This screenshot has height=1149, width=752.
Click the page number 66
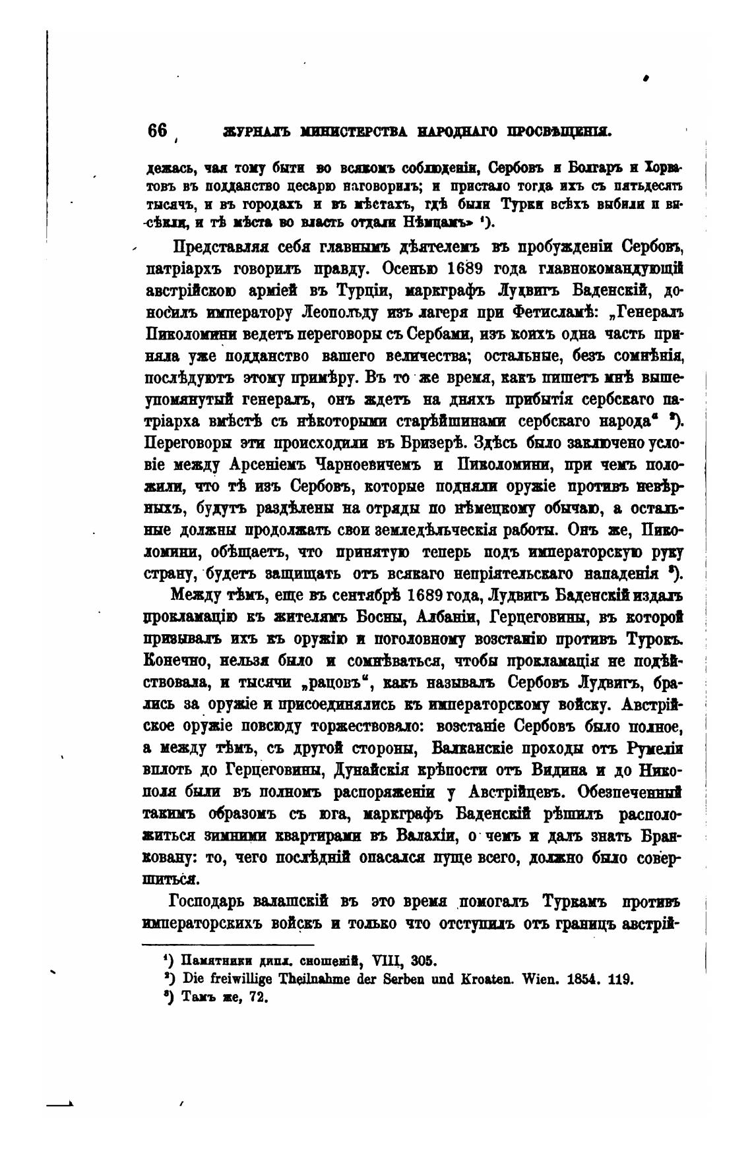158,131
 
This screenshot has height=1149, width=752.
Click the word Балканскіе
478,748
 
